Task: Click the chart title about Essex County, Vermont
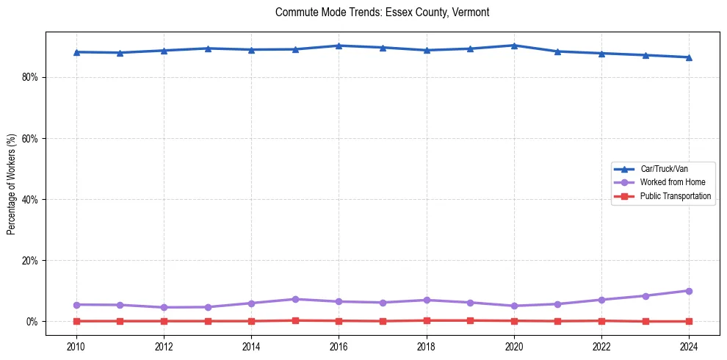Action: [x=382, y=12]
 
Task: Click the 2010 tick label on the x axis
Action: [x=76, y=347]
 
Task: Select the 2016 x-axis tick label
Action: [x=339, y=347]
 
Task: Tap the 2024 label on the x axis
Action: [x=689, y=347]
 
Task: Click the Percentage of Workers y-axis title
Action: [x=12, y=184]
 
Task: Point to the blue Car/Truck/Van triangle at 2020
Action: [x=514, y=46]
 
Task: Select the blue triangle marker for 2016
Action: [x=339, y=46]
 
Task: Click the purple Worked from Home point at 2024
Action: [x=689, y=291]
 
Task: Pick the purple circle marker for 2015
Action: [x=295, y=299]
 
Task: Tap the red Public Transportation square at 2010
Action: [x=76, y=321]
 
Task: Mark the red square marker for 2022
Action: [x=601, y=320]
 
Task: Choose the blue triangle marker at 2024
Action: [x=689, y=57]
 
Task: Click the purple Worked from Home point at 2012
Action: [x=164, y=307]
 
